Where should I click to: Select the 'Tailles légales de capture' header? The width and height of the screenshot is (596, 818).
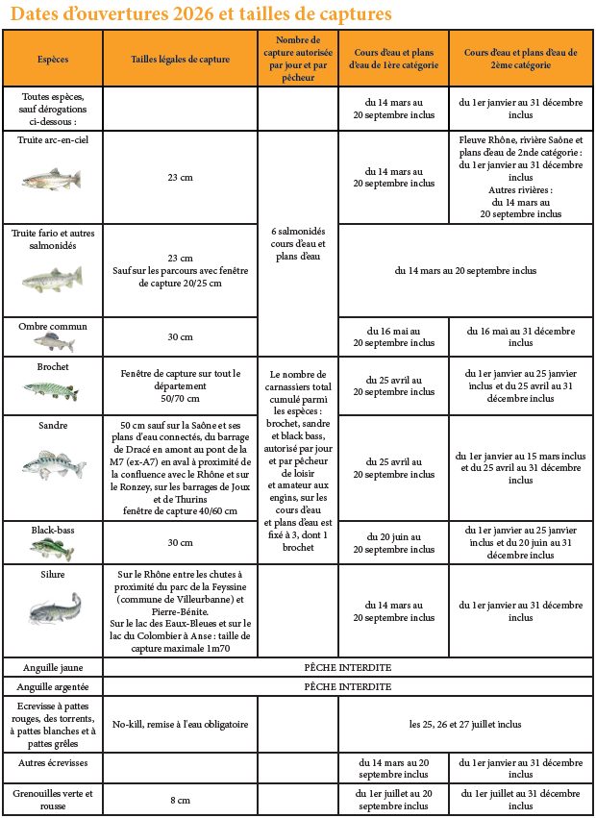point(180,59)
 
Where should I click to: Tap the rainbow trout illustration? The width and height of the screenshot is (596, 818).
point(52,179)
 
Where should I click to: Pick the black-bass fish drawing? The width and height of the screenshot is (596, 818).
point(52,548)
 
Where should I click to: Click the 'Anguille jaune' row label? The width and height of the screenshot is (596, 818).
point(52,666)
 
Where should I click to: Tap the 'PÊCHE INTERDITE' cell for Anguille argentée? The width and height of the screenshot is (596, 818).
point(347,686)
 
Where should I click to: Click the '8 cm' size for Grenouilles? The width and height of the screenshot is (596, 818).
point(180,799)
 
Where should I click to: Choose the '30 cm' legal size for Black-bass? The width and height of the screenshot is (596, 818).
point(180,542)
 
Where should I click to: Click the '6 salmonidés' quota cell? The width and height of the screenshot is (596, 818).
point(298,243)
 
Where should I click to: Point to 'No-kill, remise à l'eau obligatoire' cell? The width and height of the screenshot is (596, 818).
point(180,724)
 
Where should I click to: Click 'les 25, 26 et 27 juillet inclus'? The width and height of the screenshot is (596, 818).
point(465,724)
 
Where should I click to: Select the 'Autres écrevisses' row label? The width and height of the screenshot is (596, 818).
point(52,761)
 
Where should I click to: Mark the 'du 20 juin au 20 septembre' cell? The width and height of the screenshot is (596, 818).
point(394,543)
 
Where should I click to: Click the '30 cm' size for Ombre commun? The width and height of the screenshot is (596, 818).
point(180,336)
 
